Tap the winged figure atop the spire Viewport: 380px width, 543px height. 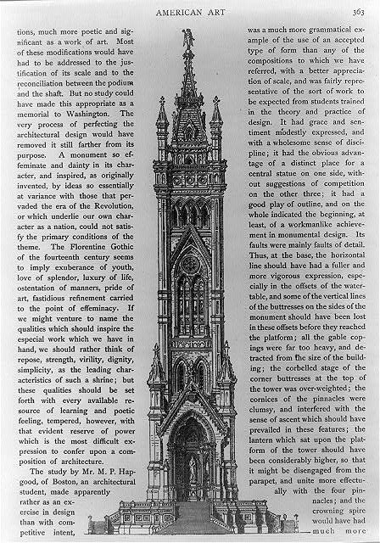[187, 38]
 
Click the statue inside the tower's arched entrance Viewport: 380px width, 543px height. [192, 468]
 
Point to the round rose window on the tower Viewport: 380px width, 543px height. [190, 264]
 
